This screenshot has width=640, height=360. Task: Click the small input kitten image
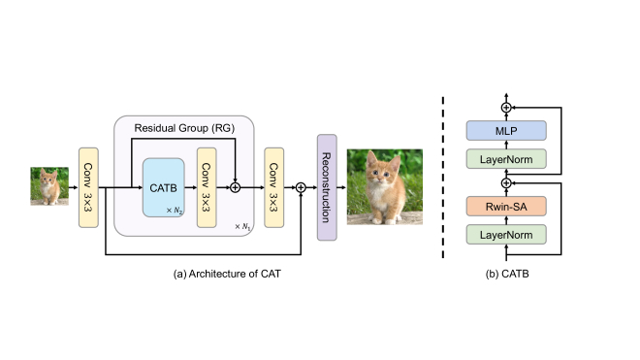[x=48, y=185]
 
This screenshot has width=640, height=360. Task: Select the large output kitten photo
[x=384, y=186]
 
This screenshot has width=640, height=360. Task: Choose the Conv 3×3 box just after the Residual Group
[x=273, y=186]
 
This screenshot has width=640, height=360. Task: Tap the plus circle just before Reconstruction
[x=301, y=186]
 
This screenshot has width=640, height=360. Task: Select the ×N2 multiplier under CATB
[x=175, y=211]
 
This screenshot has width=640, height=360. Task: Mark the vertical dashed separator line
[x=443, y=179]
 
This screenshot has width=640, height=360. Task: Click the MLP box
[x=505, y=131]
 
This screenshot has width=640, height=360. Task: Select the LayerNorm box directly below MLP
[x=505, y=158]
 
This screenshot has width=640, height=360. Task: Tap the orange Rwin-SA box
[x=505, y=207]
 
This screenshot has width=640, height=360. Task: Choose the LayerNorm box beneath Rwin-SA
[x=505, y=234]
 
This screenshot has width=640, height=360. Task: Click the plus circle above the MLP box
[x=505, y=106]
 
